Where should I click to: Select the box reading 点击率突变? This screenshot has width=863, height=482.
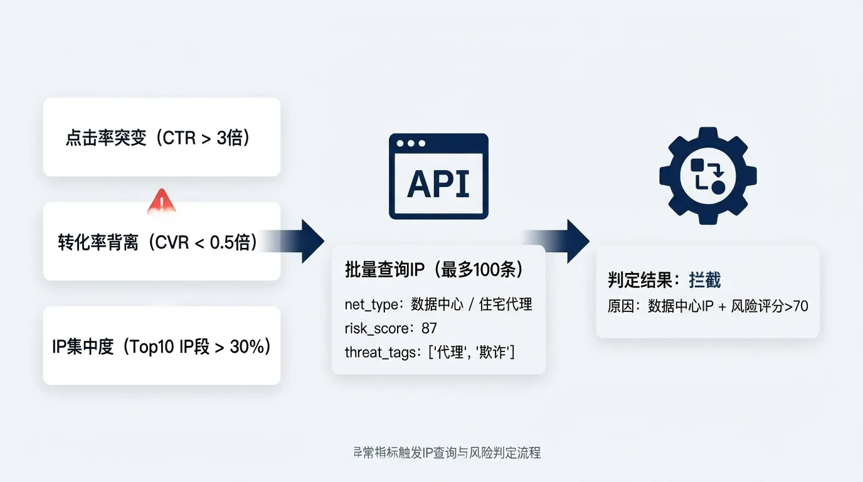(x=161, y=137)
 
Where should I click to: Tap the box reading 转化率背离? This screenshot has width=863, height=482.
(x=161, y=242)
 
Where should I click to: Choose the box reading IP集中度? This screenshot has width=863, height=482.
(x=161, y=346)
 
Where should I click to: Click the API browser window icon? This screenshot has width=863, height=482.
(x=438, y=176)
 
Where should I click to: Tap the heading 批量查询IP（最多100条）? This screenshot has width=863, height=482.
(x=435, y=269)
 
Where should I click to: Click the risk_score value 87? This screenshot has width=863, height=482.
(x=430, y=328)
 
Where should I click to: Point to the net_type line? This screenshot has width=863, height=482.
(x=438, y=304)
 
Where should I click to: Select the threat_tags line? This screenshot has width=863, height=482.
(x=430, y=352)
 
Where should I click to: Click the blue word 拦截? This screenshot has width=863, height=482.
(x=705, y=280)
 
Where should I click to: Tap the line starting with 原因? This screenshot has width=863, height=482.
(x=707, y=306)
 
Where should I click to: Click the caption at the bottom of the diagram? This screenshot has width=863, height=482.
(x=447, y=453)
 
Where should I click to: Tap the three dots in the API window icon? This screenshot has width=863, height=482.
(x=411, y=143)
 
